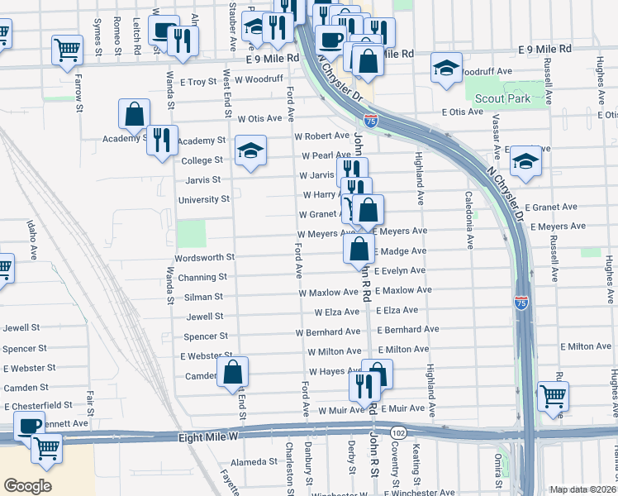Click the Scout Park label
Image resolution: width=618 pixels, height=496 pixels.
coord(502,98)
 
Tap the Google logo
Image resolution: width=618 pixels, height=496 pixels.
coord(27,485)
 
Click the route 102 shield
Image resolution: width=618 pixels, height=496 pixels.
coord(400,432)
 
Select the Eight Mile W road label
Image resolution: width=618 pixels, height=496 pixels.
coord(210,436)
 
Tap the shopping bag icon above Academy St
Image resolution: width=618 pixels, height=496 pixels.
coord(134,114)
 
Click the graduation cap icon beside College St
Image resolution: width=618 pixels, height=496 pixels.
coord(250,150)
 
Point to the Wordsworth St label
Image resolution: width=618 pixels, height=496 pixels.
coord(207,257)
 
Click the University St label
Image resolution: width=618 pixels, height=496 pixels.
coord(204,199)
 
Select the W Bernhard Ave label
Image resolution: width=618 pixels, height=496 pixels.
coord(328,331)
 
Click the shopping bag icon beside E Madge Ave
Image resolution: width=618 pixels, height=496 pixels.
coord(359,250)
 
